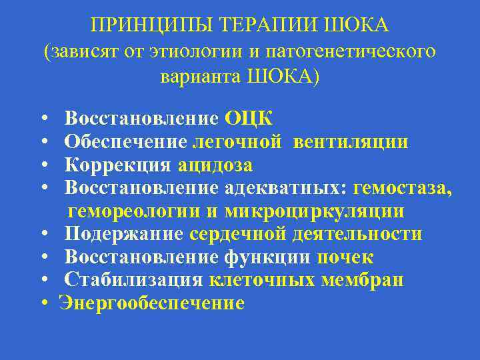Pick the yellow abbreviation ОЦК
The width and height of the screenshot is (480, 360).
[x=248, y=119]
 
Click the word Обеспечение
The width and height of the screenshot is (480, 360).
[x=126, y=142]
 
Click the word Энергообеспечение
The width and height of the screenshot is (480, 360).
[x=152, y=304]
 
